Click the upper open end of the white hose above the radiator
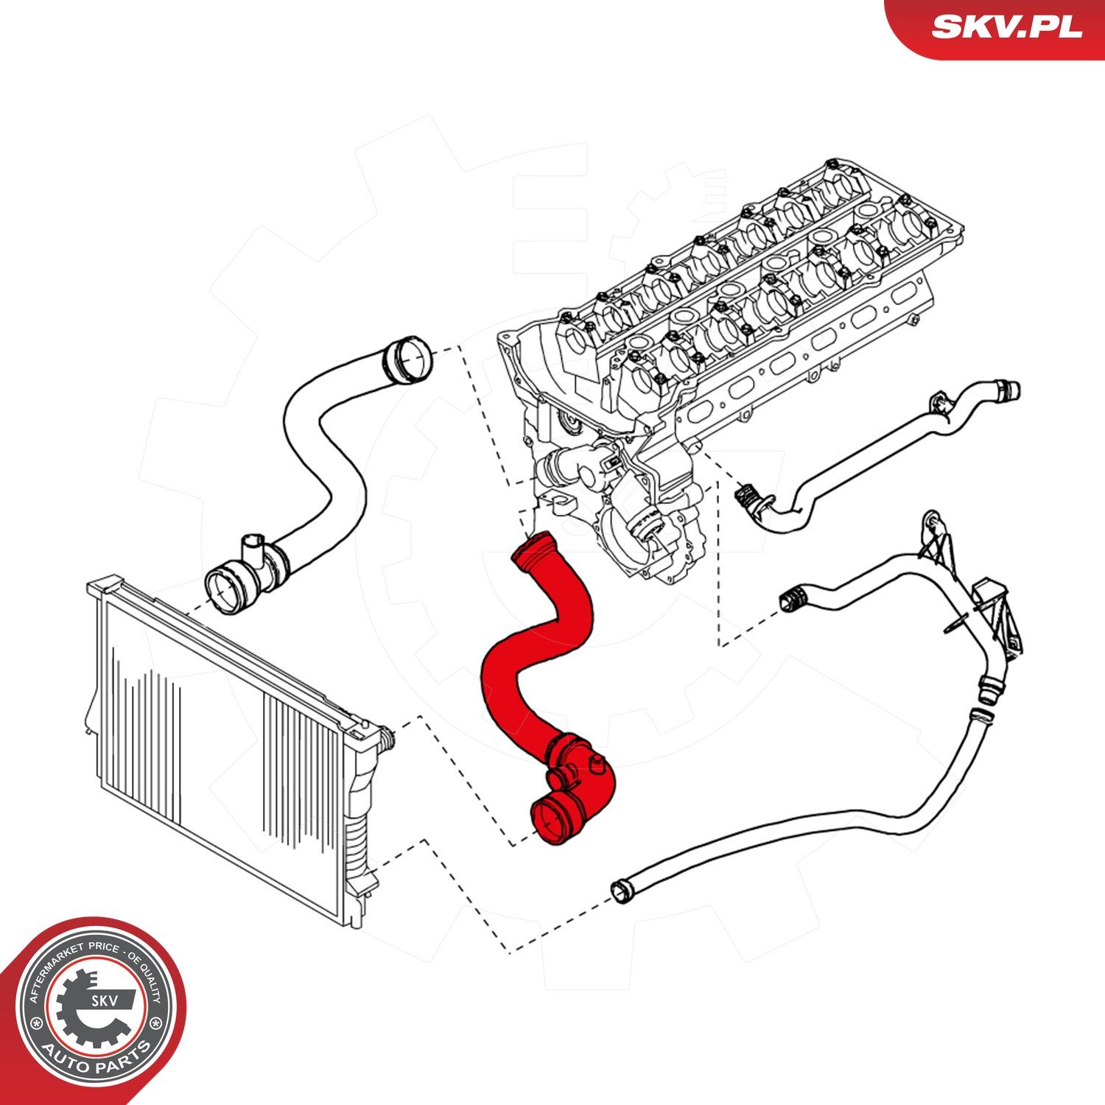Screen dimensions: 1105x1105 (x=410, y=359)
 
